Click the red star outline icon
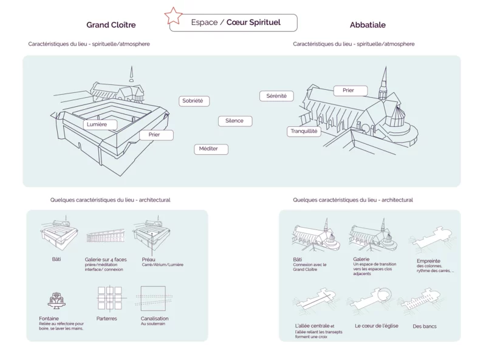(174, 16)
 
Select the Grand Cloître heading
(111, 25)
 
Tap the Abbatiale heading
(368, 25)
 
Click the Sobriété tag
(194, 101)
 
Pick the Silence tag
(235, 121)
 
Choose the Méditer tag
(211, 149)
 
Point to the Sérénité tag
(276, 96)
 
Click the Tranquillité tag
(304, 131)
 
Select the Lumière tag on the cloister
(100, 124)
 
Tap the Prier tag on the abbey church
(351, 90)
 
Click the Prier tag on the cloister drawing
(156, 135)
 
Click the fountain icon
(56, 301)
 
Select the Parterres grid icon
(110, 298)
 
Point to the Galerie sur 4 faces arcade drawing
(106, 236)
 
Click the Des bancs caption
(425, 326)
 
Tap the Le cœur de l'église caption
(377, 326)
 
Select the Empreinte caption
(428, 261)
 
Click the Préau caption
(148, 259)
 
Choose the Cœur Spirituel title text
(253, 22)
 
